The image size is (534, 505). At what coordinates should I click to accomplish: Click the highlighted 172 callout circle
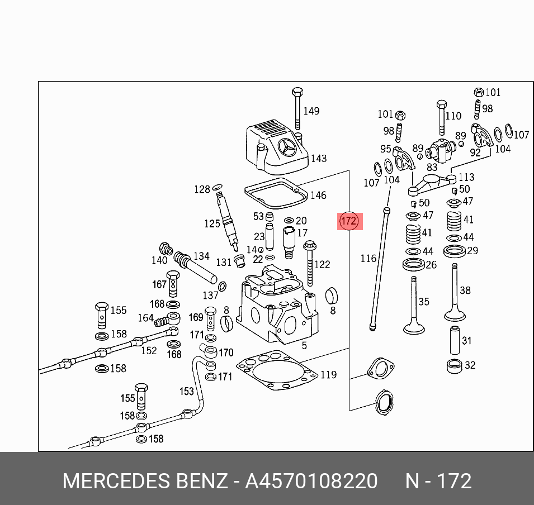point(349,221)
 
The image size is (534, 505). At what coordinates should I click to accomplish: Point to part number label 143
point(318,159)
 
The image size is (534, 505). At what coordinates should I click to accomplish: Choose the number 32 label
point(470,365)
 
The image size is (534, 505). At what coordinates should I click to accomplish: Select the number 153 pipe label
point(186,392)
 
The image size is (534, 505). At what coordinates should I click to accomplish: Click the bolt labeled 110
point(441,120)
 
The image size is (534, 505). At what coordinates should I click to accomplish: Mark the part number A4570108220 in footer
point(311,481)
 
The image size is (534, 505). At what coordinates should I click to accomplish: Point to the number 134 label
point(201,256)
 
